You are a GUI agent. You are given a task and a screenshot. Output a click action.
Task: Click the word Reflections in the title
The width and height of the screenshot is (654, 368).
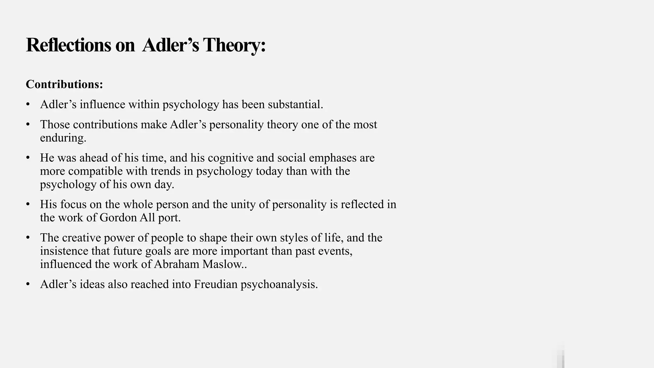(x=68, y=45)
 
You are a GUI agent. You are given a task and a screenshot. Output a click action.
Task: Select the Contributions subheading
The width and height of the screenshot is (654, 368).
(x=64, y=84)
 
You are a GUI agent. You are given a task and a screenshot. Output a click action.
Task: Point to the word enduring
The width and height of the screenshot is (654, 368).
(x=63, y=138)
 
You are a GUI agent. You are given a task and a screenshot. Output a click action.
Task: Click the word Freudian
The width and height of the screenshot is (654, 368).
(x=216, y=284)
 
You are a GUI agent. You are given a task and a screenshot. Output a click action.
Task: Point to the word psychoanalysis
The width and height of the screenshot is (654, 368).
(x=279, y=284)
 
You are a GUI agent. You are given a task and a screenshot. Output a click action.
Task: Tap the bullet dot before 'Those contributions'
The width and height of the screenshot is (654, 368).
(x=28, y=125)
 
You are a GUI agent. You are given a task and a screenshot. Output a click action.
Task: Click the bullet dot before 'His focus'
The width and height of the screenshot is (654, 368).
(x=28, y=204)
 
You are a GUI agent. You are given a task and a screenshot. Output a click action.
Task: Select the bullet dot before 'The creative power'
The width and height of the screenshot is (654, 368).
(x=28, y=238)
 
